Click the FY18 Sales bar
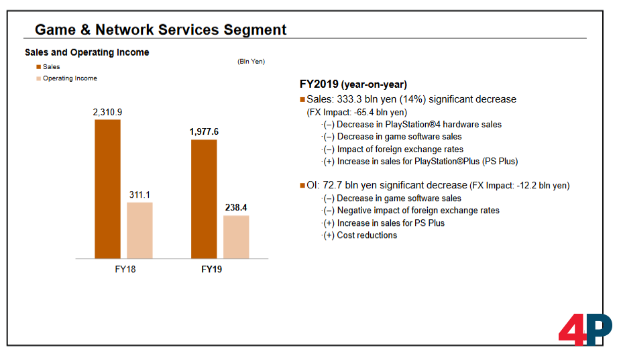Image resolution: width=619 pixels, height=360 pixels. [107, 189]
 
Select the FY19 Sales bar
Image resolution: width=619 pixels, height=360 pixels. [204, 199]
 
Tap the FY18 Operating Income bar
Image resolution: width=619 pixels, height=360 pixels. [139, 230]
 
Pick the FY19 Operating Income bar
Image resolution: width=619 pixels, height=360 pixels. [236, 237]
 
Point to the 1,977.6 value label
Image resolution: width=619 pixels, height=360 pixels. [204, 132]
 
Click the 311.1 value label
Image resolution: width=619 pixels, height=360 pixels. [139, 195]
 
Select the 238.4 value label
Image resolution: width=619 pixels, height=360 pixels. [236, 208]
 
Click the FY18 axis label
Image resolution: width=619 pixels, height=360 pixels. [125, 269]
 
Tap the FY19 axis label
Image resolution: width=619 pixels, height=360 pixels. [211, 269]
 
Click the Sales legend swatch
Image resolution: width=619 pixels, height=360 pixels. [38, 67]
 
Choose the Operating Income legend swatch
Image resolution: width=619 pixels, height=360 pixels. [38, 78]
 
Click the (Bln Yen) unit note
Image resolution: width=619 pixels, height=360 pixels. [251, 62]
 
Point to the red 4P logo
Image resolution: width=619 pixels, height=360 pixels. [585, 329]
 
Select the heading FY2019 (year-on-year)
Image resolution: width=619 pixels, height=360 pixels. [353, 84]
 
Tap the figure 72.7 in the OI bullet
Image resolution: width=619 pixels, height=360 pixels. [333, 185]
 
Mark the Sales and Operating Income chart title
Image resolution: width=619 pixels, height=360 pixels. [87, 52]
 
